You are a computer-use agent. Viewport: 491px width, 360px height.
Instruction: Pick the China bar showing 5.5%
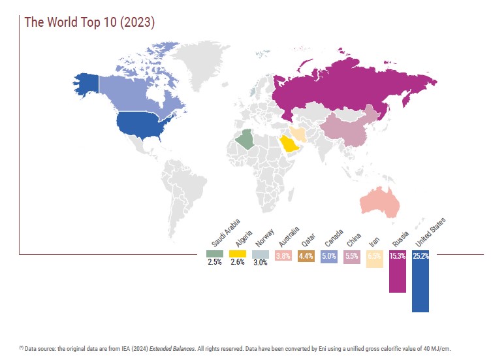351,257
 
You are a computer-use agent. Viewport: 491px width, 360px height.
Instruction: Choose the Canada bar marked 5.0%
329,257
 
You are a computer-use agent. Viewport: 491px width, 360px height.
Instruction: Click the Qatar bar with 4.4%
306,256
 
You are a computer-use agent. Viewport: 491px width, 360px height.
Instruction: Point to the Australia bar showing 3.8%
283,256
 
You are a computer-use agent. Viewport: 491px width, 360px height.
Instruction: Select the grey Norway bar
260,254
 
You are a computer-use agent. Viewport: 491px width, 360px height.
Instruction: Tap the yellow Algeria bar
237,254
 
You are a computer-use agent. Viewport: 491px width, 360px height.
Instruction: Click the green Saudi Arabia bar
215,254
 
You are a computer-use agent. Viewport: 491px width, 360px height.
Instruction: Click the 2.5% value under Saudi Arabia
215,262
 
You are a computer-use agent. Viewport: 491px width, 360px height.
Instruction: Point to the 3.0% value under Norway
260,262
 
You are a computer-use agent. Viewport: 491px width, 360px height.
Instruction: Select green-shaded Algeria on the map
246,139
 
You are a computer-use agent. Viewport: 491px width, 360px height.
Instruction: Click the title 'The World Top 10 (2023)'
89,22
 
